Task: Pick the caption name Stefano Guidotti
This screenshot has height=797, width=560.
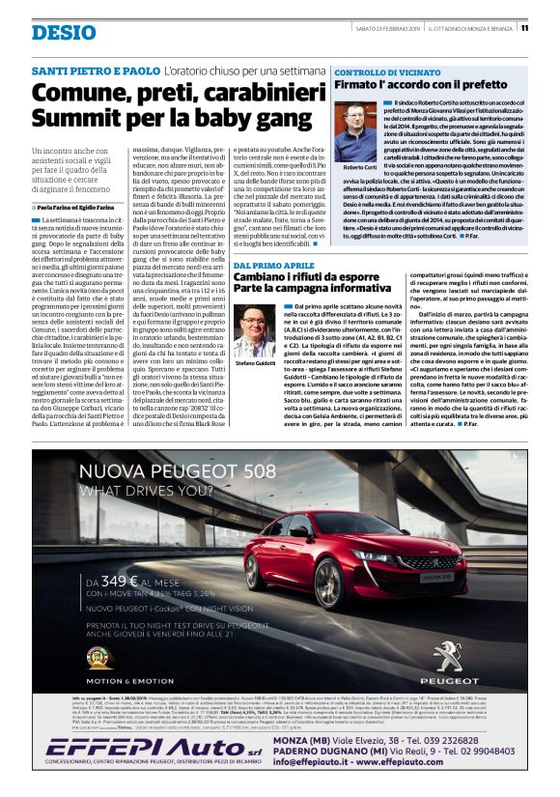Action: click(252, 363)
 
